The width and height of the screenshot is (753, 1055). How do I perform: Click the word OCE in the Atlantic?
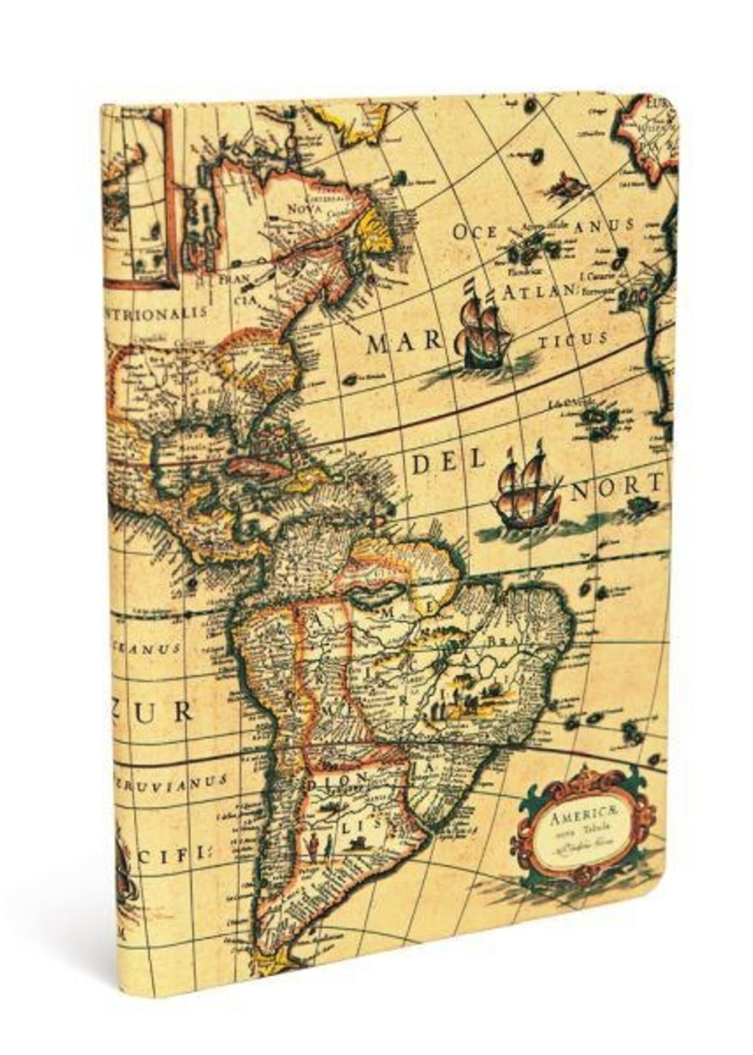click(474, 232)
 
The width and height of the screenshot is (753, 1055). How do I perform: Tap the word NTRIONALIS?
click(156, 313)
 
